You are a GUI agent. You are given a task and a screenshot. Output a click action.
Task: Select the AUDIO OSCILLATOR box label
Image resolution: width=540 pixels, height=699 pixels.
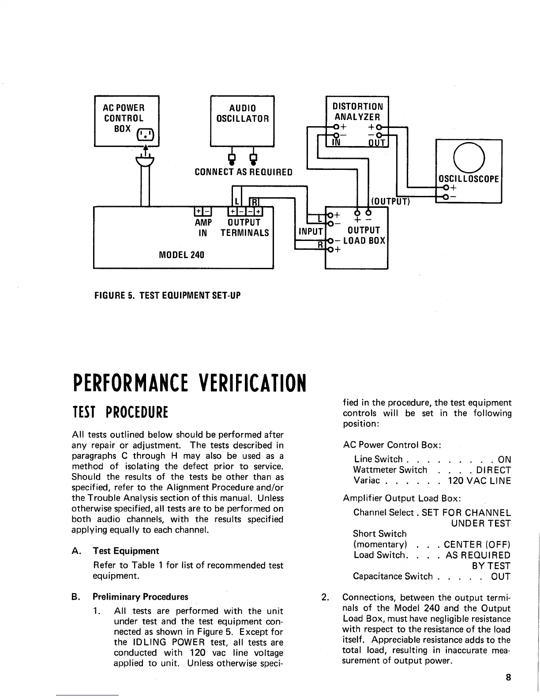pyautogui.click(x=242, y=113)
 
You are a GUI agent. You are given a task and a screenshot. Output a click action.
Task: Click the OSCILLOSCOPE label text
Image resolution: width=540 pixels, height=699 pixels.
pyautogui.click(x=468, y=179)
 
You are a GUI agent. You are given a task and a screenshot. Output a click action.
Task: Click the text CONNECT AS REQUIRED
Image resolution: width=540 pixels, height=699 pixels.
pyautogui.click(x=244, y=172)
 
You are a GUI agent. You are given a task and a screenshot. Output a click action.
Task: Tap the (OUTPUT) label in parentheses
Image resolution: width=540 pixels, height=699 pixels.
pyautogui.click(x=390, y=202)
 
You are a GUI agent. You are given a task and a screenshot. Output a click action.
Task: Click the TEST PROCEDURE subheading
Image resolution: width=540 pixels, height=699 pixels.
pyautogui.click(x=120, y=413)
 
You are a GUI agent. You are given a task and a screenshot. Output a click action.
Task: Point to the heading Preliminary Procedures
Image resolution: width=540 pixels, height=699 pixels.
pyautogui.click(x=140, y=597)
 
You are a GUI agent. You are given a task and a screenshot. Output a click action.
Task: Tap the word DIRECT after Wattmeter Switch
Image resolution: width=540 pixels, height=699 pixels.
pyautogui.click(x=493, y=470)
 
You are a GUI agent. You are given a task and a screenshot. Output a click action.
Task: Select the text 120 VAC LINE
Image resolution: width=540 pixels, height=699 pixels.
pyautogui.click(x=479, y=481)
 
